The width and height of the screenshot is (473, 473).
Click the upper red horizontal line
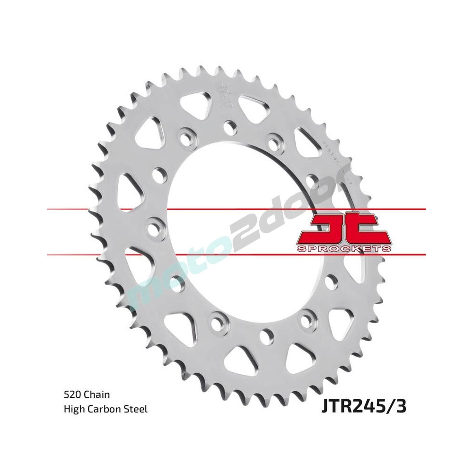(142, 208)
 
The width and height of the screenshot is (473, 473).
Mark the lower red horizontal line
(142, 255)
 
